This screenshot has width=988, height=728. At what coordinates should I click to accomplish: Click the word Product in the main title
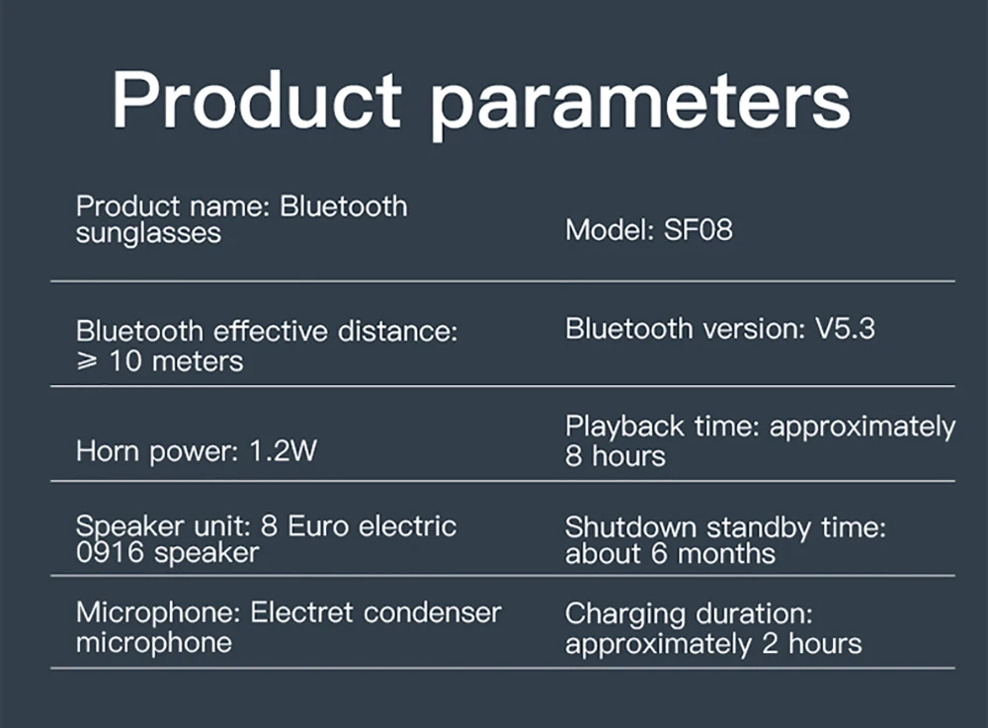[257, 100]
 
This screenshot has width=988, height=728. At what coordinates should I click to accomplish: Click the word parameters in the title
[640, 105]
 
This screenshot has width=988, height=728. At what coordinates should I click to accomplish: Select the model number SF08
[699, 230]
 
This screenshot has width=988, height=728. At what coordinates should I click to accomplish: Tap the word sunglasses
[148, 234]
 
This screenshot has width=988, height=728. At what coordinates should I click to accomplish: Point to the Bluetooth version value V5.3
[845, 329]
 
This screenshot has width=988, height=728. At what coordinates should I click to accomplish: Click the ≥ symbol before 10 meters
[87, 361]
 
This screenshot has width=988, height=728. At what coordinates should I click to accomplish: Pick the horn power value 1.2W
[283, 450]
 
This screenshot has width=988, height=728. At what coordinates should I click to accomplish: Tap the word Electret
[301, 612]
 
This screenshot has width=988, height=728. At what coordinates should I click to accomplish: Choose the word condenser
[433, 612]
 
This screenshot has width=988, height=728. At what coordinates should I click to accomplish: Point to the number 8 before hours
[573, 456]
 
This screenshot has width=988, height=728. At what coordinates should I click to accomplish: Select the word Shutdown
[630, 527]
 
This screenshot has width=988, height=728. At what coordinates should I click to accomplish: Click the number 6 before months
[659, 553]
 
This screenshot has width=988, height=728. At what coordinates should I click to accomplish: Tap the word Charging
[624, 614]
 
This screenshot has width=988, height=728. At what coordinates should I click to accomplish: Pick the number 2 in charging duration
[770, 644]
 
